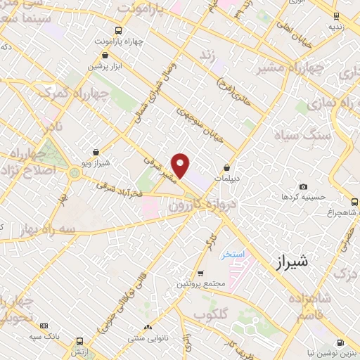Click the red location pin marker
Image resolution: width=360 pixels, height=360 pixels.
click(x=181, y=166)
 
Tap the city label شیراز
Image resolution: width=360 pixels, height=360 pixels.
click(x=288, y=262)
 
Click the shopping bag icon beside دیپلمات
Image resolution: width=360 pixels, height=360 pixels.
click(x=226, y=168)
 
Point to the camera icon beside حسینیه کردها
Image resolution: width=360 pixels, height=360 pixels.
click(x=303, y=186)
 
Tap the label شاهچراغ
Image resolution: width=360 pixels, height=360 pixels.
click(x=333, y=212)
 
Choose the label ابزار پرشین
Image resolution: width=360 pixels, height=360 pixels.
click(x=105, y=65)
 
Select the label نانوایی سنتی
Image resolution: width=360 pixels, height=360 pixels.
click(x=146, y=338)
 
